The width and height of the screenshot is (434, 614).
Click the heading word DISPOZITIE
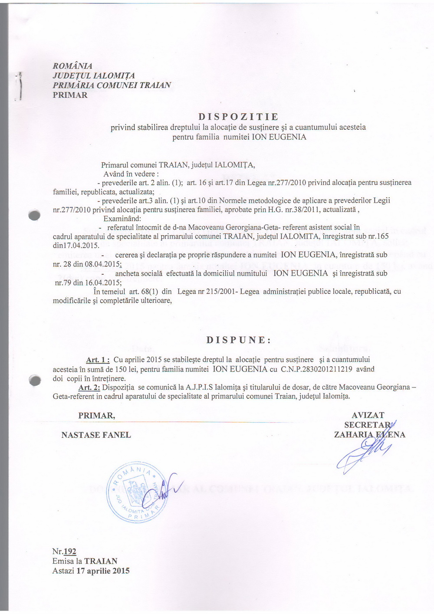[x=238, y=117]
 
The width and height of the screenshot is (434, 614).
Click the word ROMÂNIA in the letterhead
[x=72, y=66]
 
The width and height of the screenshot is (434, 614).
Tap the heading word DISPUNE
[x=238, y=340]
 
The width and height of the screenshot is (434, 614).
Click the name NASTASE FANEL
[x=96, y=435]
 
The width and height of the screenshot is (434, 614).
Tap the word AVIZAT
[x=368, y=415]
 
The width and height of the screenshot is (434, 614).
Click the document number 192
[x=70, y=552]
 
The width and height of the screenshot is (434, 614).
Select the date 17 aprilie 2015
[x=103, y=571]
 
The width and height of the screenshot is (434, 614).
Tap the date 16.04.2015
[x=103, y=282]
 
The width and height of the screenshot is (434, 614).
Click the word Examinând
[x=122, y=219]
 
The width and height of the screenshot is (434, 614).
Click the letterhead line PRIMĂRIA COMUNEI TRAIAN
[x=112, y=85]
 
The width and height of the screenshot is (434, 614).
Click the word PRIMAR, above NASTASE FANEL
[x=96, y=416]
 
